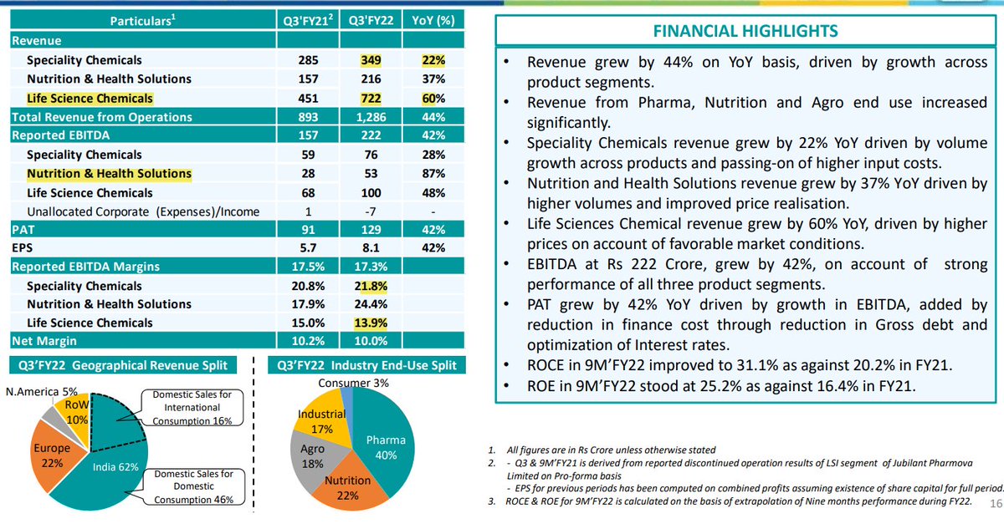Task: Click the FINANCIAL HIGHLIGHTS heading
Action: (x=745, y=32)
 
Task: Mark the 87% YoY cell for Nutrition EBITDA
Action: (x=433, y=174)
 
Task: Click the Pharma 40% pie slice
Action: (x=387, y=446)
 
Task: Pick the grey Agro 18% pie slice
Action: (x=311, y=456)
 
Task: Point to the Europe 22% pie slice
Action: (x=52, y=455)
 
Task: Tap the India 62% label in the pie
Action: (x=115, y=466)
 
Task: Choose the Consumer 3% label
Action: (x=342, y=383)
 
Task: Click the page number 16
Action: (x=994, y=503)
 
